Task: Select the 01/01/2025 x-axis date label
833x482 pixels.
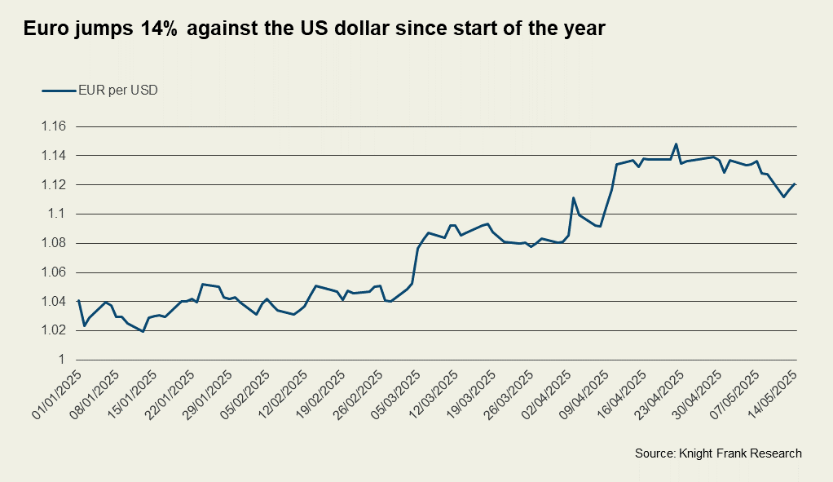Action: click(55, 394)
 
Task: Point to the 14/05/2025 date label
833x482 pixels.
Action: click(773, 394)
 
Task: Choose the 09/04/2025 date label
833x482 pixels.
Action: click(584, 394)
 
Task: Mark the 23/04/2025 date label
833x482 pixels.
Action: click(660, 394)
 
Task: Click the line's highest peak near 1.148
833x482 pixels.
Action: click(676, 144)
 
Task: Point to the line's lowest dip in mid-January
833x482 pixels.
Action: click(143, 331)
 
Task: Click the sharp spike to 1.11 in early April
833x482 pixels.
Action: click(574, 197)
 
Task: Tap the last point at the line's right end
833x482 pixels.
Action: click(795, 184)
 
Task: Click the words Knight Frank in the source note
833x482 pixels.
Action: click(710, 453)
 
